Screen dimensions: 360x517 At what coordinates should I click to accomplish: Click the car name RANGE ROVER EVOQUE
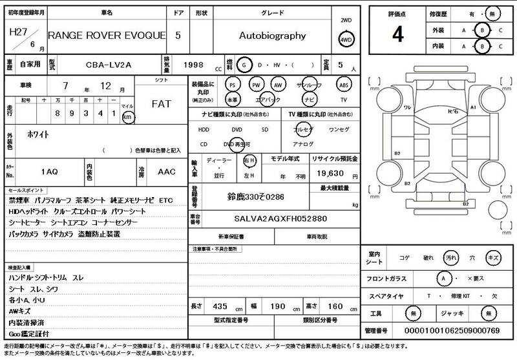point(107,36)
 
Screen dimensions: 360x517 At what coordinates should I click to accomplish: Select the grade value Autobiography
point(272,36)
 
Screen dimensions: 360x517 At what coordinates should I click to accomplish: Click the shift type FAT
point(161,103)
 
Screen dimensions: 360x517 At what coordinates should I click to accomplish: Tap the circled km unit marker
point(127,117)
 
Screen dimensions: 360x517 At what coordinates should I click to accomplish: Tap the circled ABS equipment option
point(343,85)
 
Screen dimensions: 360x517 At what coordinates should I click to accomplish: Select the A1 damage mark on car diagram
point(472,107)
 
